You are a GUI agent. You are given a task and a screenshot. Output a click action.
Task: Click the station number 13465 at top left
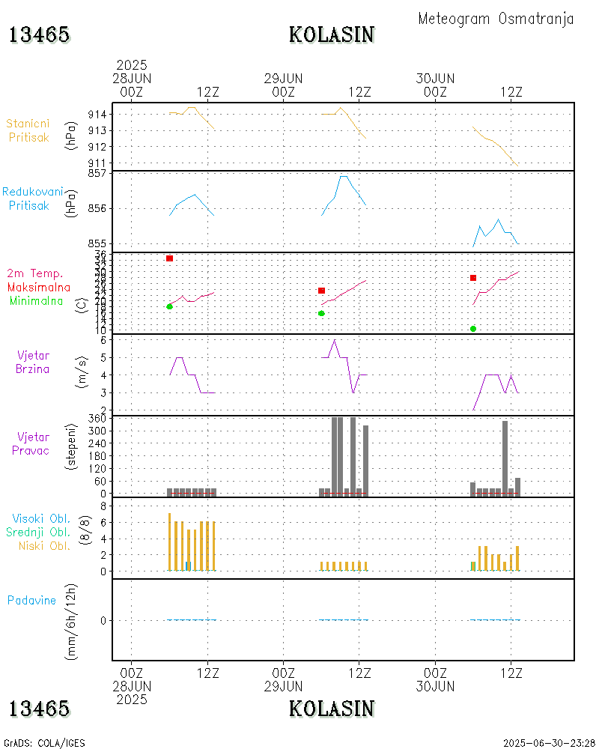[40, 34]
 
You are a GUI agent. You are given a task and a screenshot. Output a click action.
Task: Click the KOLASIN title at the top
[332, 34]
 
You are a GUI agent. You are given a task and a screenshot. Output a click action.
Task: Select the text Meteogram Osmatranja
[496, 19]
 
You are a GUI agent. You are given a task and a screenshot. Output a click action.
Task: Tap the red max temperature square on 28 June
[170, 258]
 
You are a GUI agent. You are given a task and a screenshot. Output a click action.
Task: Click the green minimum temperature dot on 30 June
[473, 329]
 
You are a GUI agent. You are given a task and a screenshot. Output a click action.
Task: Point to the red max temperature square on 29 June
[322, 291]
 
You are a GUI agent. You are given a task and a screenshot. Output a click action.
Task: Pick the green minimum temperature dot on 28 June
[170, 306]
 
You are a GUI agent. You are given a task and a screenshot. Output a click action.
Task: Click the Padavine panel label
[31, 600]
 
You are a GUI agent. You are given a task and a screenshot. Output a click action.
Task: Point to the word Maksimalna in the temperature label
[39, 287]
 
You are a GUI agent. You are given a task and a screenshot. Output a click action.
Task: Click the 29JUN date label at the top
[284, 78]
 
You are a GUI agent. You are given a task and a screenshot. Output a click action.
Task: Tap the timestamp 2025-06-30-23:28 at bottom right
[550, 743]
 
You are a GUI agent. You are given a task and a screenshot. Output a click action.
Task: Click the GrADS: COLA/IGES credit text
[44, 743]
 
